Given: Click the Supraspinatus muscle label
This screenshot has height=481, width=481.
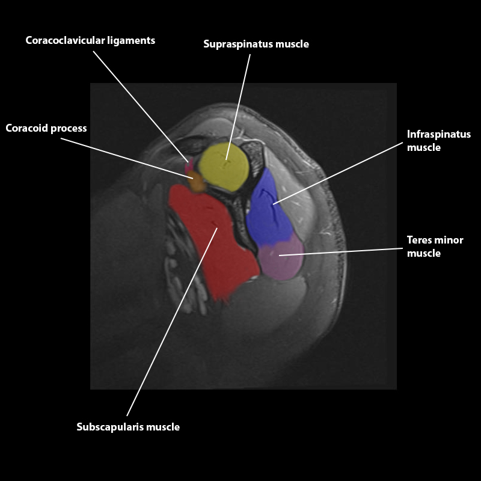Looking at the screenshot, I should [x=256, y=44].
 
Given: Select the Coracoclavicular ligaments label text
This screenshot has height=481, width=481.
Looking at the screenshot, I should [x=90, y=40].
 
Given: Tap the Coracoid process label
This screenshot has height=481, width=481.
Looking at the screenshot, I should [x=46, y=128].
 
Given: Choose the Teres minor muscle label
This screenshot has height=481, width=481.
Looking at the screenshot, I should [x=435, y=247].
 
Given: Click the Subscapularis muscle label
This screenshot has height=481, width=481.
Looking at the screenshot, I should [x=128, y=427].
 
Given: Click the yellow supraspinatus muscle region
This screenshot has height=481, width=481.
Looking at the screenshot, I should [x=224, y=167].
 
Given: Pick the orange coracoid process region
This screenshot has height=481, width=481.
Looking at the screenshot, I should [x=197, y=181].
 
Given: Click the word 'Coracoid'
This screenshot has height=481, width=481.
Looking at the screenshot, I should [x=25, y=128].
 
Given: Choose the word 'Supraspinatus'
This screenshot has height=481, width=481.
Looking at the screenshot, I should [x=235, y=44].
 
